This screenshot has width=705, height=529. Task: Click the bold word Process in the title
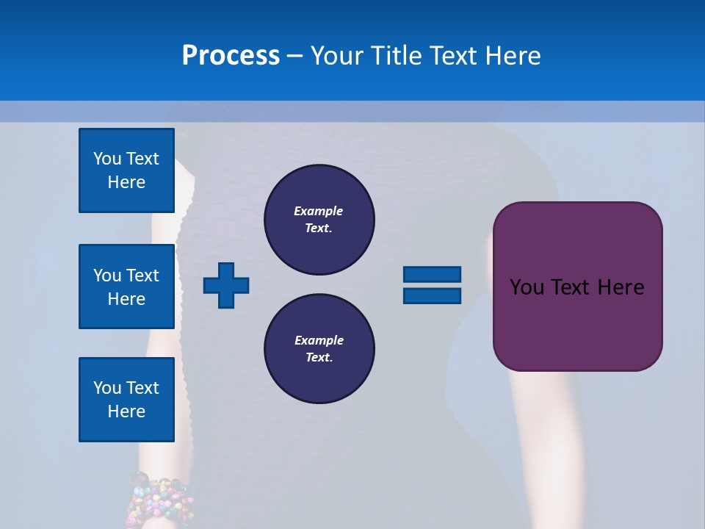pos(231,56)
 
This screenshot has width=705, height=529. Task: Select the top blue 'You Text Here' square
pos(126,170)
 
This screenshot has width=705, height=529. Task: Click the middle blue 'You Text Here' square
pos(126,287)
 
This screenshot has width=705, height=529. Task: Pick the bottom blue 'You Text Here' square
pos(126,400)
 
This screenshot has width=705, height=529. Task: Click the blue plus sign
pos(226,285)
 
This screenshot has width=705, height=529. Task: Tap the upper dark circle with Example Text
pos(319,220)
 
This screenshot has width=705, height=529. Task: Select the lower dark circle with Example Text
pos(319,349)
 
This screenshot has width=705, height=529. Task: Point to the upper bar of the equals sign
pos(432,274)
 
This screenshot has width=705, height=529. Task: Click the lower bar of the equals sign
pos(432,295)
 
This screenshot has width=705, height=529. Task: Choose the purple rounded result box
pos(577,323)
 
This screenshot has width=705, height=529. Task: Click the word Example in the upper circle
pos(319,211)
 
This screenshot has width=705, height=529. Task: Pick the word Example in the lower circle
pos(319,340)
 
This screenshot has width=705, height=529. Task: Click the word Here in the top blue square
pos(126,182)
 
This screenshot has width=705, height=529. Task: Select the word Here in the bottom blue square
pos(126,411)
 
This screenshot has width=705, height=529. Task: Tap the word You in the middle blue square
pos(106,276)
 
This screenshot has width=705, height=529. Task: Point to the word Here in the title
pos(514,56)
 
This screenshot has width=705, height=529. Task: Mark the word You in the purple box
pos(527,287)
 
